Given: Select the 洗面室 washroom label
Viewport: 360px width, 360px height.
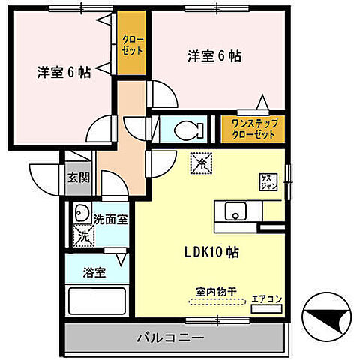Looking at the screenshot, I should pyautogui.click(x=110, y=220).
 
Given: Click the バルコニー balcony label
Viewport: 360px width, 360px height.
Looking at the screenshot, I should pyautogui.click(x=170, y=338).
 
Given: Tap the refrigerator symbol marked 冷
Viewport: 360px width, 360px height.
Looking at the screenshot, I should pyautogui.click(x=200, y=160).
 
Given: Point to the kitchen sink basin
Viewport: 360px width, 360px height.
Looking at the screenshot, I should pyautogui.click(x=235, y=212).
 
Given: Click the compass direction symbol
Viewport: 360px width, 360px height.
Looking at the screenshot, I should pyautogui.click(x=327, y=319).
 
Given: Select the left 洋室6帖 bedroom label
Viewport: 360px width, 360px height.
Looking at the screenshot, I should pyautogui.click(x=64, y=72).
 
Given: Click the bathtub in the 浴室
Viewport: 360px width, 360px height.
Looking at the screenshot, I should pyautogui.click(x=97, y=300).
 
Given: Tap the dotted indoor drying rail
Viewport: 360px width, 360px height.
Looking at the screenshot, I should pyautogui.click(x=217, y=303).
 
